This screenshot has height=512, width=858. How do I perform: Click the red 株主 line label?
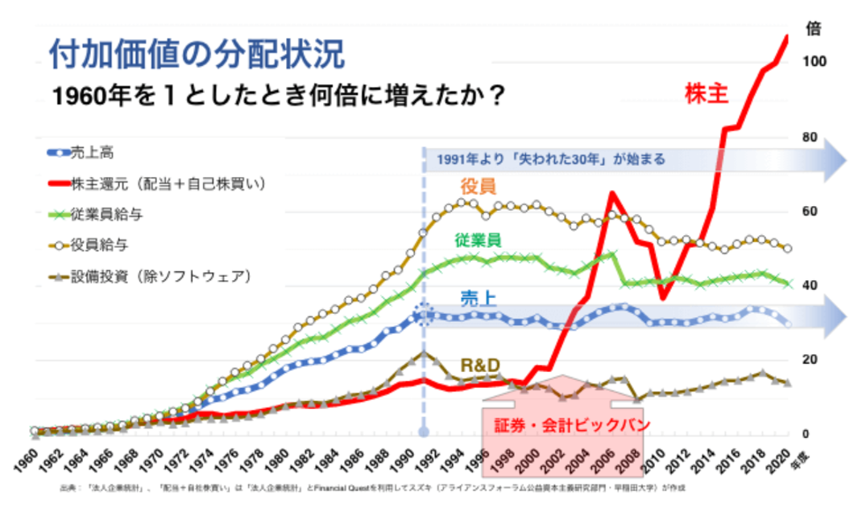coord(707,93)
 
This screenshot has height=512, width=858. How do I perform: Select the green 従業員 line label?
coord(478,239)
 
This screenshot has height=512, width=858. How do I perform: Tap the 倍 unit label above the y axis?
coord(814,27)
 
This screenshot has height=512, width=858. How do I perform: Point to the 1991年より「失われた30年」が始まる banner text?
coord(551,159)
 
